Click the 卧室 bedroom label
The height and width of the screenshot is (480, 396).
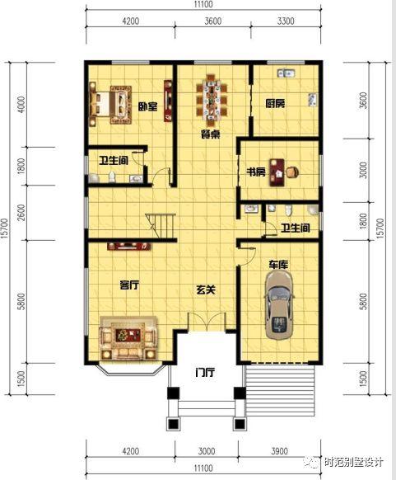pyautogui.click(x=148, y=107)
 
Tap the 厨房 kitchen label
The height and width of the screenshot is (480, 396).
pyautogui.click(x=275, y=103)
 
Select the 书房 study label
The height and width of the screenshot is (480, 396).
pyautogui.click(x=256, y=172)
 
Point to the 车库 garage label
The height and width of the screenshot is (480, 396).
pyautogui.click(x=278, y=265)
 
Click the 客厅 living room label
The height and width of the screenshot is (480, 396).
pyautogui.click(x=129, y=285)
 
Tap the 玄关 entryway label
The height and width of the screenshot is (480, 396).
pyautogui.click(x=206, y=289)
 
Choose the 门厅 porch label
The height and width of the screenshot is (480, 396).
pyautogui.click(x=205, y=373)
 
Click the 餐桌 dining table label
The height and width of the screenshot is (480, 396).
pyautogui.click(x=210, y=134)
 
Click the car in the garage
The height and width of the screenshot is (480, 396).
pyautogui.click(x=279, y=305)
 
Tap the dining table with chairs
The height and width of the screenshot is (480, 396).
pyautogui.click(x=211, y=100)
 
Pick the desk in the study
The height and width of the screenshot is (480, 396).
pyautogui.click(x=277, y=172)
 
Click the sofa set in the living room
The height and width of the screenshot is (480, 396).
pyautogui.click(x=128, y=337)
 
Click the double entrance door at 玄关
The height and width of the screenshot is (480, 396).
pyautogui.click(x=207, y=322)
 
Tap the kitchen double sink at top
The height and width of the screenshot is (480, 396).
pyautogui.click(x=287, y=73)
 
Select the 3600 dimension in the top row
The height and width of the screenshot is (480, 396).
pyautogui.click(x=213, y=21)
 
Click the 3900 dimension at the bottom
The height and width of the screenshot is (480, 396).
pyautogui.click(x=280, y=451)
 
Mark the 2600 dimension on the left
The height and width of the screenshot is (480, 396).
pyautogui.click(x=21, y=213)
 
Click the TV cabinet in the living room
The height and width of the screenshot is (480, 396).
pyautogui.click(x=129, y=246)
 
